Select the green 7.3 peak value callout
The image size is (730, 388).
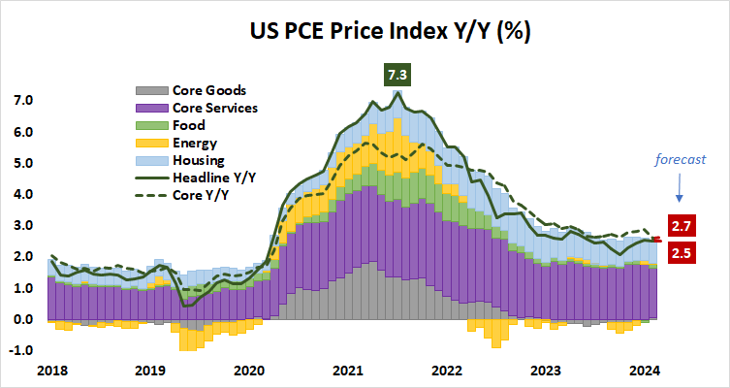point(396,75)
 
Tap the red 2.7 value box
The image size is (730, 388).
point(682,226)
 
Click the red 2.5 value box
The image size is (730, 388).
point(682,254)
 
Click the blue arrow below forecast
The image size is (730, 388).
point(678,187)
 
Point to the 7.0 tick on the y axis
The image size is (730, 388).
point(22,101)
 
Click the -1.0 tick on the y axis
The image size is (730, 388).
point(21,350)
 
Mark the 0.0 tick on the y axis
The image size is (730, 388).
point(22,319)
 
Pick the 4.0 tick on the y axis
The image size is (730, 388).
point(22,195)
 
